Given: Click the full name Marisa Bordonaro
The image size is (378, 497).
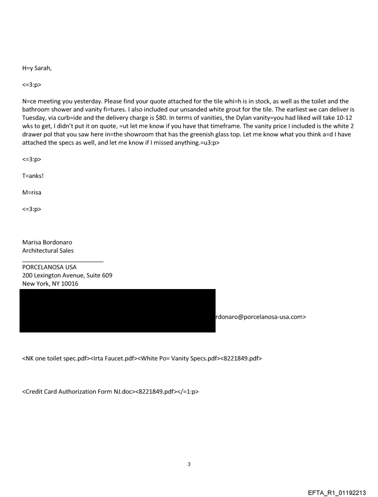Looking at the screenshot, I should tap(47, 242).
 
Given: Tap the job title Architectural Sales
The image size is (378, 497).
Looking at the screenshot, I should tap(48, 251).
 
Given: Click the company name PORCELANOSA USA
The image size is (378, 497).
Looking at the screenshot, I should tap(50, 267).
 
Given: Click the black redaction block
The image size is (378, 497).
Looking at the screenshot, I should tap(117, 310).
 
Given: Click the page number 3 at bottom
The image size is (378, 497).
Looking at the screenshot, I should tap(189, 464).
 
